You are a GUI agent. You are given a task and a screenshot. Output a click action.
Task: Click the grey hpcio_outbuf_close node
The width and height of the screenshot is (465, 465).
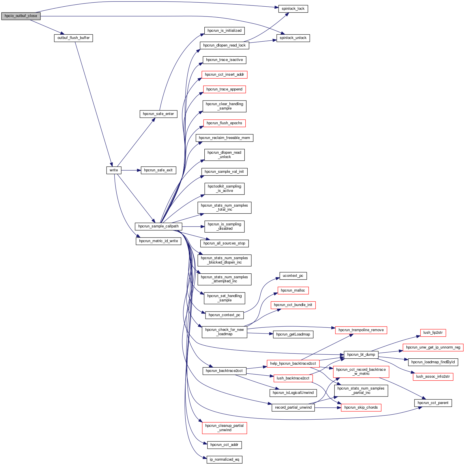21,16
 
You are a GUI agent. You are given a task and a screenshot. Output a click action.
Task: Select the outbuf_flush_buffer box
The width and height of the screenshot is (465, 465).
73,38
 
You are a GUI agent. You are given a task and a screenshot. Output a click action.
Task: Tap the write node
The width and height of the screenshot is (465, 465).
114,171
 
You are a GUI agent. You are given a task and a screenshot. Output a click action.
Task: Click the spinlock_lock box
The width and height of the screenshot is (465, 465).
293,9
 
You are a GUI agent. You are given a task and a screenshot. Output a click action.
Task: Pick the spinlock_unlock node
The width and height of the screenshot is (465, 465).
293,38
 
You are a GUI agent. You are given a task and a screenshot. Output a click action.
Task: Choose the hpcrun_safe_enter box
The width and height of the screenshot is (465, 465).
158,114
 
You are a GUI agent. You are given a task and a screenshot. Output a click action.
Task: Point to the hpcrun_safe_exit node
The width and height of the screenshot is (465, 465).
158,171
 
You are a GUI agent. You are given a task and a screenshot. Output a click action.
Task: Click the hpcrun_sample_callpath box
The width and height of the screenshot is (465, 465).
158,227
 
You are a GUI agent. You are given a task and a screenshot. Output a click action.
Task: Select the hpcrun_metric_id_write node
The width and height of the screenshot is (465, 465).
158,241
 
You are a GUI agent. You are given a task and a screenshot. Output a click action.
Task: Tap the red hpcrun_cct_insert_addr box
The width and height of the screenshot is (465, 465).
224,75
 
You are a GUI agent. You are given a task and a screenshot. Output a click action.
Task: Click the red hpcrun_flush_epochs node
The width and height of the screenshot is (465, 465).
224,123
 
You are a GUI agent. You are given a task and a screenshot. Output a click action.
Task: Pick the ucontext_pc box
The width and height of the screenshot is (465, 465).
293,276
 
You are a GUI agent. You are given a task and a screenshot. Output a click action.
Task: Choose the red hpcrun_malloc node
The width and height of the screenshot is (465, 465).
293,291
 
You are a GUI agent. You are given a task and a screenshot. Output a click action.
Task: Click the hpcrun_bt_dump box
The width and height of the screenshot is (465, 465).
361,355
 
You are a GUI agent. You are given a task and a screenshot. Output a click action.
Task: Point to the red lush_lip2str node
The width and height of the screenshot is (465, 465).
433,333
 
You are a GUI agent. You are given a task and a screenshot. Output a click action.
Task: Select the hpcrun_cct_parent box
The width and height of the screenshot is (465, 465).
433,403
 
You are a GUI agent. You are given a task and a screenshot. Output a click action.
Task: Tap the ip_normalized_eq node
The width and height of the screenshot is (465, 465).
224,460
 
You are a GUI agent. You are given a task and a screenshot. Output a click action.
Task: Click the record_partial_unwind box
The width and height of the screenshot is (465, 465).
293,408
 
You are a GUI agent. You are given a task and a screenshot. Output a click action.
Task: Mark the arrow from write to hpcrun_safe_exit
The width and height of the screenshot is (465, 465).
131,171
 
